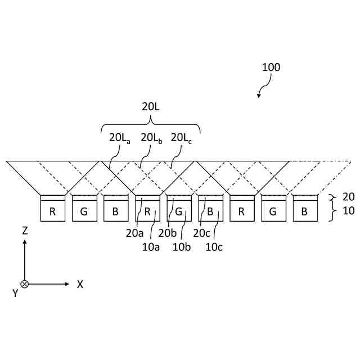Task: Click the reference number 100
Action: pyautogui.click(x=271, y=67)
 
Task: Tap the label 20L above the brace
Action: pyautogui.click(x=151, y=105)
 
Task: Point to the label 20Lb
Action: pyautogui.click(x=151, y=137)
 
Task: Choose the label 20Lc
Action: pyautogui.click(x=182, y=137)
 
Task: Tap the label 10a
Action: pyautogui.click(x=151, y=246)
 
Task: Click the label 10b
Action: pyautogui.click(x=182, y=246)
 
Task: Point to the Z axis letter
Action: pyautogui.click(x=25, y=231)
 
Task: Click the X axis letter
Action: pyautogui.click(x=80, y=285)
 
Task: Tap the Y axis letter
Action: pyautogui.click(x=15, y=293)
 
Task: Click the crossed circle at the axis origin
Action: pyautogui.click(x=25, y=284)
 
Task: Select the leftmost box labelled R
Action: pyautogui.click(x=52, y=211)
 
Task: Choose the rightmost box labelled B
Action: pyautogui.click(x=304, y=211)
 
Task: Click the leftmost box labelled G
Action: pyautogui.click(x=84, y=211)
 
